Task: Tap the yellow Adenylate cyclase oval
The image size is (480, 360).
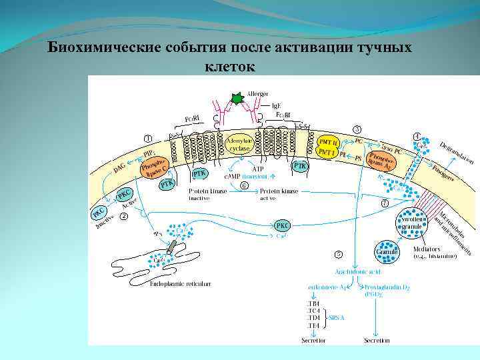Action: pyautogui.click(x=239, y=145)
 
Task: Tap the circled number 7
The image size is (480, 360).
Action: pyautogui.click(x=384, y=203)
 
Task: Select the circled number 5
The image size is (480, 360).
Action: pyautogui.click(x=339, y=254)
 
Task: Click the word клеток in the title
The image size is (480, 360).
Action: pyautogui.click(x=227, y=67)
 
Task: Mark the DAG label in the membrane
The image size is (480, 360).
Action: pyautogui.click(x=120, y=171)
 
